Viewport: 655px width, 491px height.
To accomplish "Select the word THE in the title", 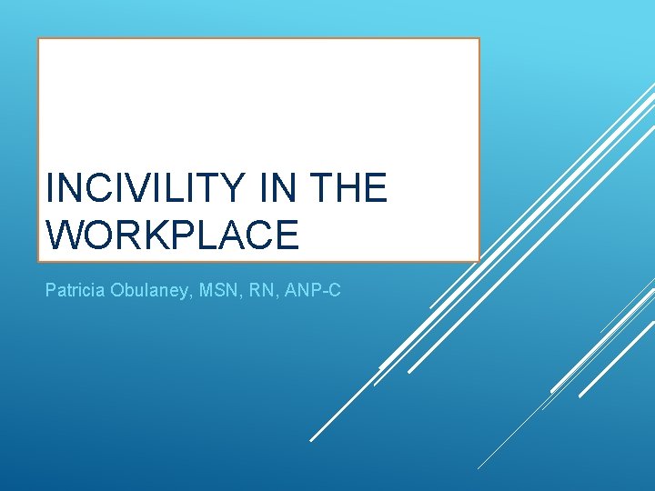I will [350, 189].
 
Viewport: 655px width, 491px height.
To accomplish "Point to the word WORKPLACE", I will [172, 235].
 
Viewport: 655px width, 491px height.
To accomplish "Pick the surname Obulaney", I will [148, 292].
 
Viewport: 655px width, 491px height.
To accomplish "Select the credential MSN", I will [213, 292].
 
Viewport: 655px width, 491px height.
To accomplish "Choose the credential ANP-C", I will [313, 292].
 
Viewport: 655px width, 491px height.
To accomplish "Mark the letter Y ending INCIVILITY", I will [233, 189].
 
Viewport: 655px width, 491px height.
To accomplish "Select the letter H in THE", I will [350, 189].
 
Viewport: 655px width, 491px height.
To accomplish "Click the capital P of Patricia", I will [50, 292].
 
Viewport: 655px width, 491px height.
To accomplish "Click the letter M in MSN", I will [201, 292].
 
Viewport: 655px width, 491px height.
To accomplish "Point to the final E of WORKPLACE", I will [286, 235].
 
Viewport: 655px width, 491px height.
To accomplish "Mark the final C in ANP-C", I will [335, 292].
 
